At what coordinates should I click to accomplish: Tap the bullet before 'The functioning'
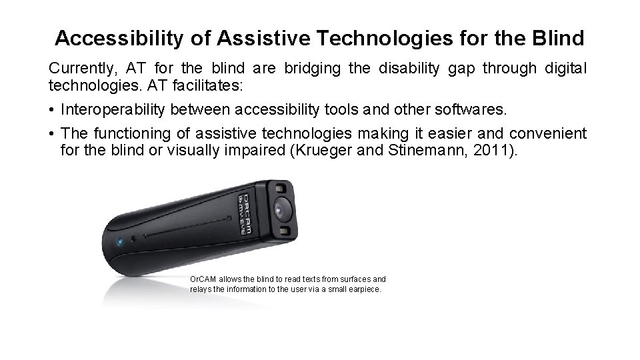click(x=51, y=134)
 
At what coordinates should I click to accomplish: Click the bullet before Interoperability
click(x=51, y=111)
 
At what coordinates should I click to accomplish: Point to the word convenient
click(x=548, y=134)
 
